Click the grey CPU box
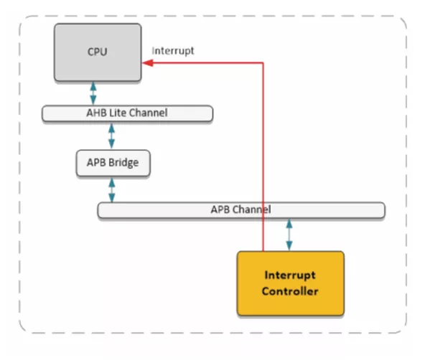point(97,52)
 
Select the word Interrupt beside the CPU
point(173,51)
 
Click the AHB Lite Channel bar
point(127,113)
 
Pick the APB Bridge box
point(107,163)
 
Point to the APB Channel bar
point(240,210)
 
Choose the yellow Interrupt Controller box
point(290,283)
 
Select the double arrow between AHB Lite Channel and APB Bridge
point(111,135)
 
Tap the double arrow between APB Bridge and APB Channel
point(112,189)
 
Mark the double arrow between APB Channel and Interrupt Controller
point(289,234)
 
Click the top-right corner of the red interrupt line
point(263,63)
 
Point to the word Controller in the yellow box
point(290,291)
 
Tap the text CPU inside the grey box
point(97,52)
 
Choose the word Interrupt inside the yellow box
point(290,276)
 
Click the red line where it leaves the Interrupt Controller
point(263,250)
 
